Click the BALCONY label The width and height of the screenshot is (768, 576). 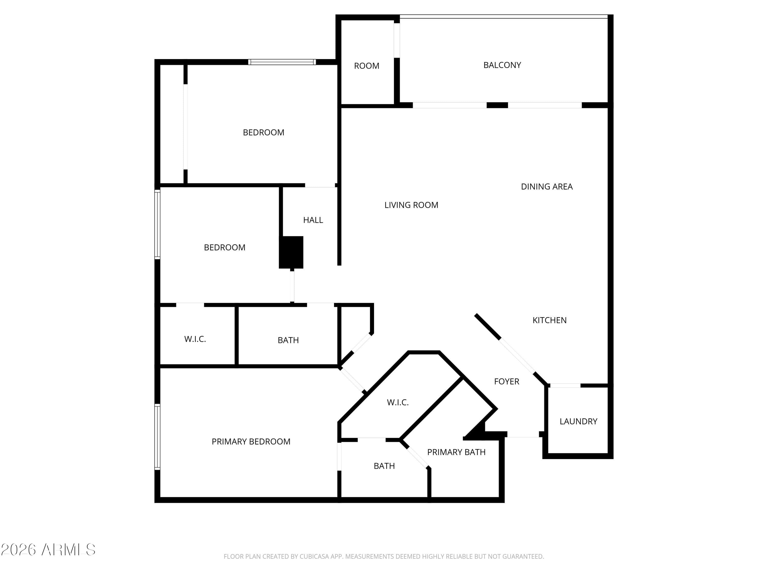pos(502,65)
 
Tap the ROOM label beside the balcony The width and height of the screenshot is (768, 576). pos(366,66)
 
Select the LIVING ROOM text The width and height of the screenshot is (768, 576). pos(411,205)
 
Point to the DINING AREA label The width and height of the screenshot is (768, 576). pos(547,186)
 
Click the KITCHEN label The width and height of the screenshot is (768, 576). pos(549,320)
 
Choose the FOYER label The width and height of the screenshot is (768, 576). pos(507,381)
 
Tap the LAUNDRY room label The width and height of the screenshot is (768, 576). pos(578,421)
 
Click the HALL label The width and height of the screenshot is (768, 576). pos(313,220)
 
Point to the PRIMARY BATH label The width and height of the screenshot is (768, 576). pos(456,452)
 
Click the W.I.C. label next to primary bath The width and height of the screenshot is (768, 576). pos(398,402)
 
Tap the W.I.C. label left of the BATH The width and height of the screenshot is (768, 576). pos(195,339)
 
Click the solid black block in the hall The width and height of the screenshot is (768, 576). pos(291,252)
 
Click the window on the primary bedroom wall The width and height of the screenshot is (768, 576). pos(157,437)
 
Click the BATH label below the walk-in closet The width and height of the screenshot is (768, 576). pos(384,466)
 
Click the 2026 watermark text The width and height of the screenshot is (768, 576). pos(18,550)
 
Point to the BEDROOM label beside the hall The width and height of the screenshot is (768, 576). pos(224,247)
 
